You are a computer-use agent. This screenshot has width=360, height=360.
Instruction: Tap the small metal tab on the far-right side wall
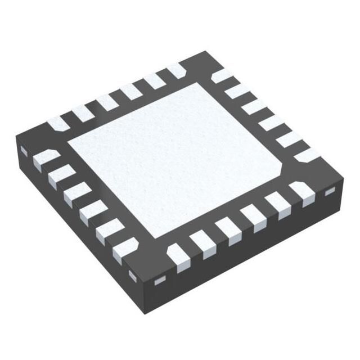(x=330, y=193)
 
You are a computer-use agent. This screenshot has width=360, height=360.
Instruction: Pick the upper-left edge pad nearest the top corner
(x=176, y=70)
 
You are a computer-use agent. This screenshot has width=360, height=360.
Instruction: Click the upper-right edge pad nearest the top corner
(x=223, y=75)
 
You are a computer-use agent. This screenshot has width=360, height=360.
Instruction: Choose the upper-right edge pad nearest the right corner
(x=308, y=155)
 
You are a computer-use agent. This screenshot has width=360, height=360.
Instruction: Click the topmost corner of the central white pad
(x=196, y=83)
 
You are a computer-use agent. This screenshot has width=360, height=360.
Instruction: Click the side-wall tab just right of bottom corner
(x=160, y=280)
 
